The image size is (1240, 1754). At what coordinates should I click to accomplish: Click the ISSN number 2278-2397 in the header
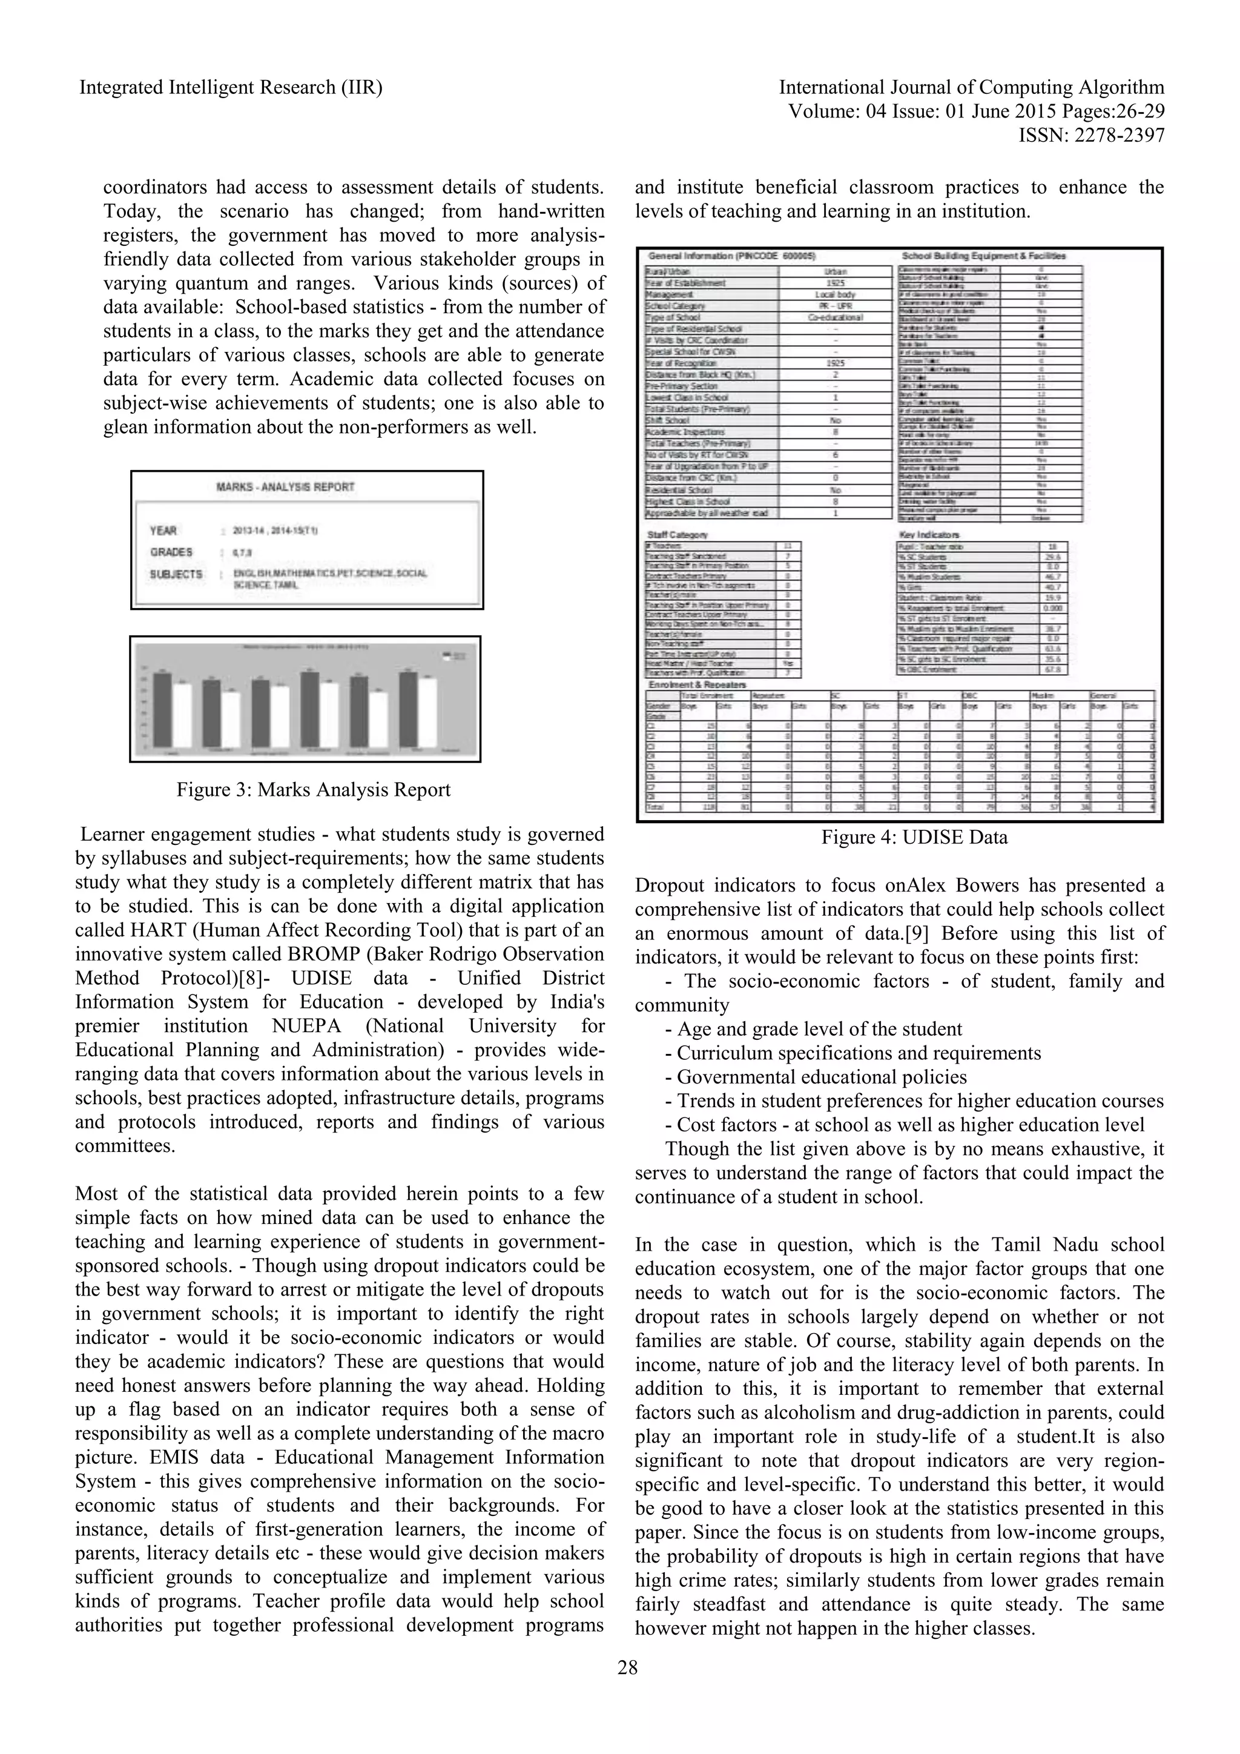click(x=1091, y=135)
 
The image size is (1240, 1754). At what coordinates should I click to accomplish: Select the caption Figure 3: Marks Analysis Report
click(x=313, y=789)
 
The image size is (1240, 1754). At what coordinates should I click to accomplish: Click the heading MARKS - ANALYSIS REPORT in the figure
click(x=286, y=486)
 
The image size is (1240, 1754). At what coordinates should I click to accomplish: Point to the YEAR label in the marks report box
click(x=163, y=530)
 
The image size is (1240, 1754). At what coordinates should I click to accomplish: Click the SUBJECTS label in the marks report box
click(x=176, y=574)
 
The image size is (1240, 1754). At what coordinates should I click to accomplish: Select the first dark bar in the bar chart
click(x=162, y=708)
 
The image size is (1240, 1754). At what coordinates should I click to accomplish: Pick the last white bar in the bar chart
click(x=427, y=711)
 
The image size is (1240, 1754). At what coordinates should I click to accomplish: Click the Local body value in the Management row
click(x=836, y=294)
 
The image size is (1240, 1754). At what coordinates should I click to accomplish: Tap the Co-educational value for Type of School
click(x=836, y=317)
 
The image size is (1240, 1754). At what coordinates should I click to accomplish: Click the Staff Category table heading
click(x=678, y=535)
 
